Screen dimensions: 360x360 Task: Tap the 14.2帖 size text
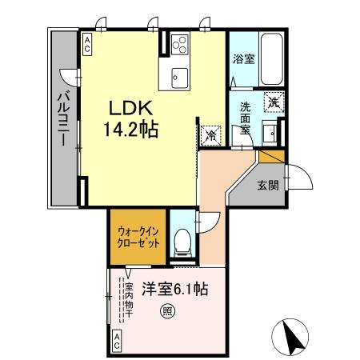[x=128, y=128]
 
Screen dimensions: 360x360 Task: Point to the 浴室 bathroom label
[x=243, y=59]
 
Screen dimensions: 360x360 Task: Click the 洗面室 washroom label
[x=246, y=118]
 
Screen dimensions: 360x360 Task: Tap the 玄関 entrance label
[x=268, y=186]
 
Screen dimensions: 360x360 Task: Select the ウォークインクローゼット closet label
[x=138, y=236]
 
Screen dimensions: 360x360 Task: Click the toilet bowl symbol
[x=182, y=239]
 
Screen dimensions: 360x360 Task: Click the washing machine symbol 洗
[x=274, y=102]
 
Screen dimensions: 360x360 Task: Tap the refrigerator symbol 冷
[x=211, y=135]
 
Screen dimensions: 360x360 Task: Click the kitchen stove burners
[x=177, y=45]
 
